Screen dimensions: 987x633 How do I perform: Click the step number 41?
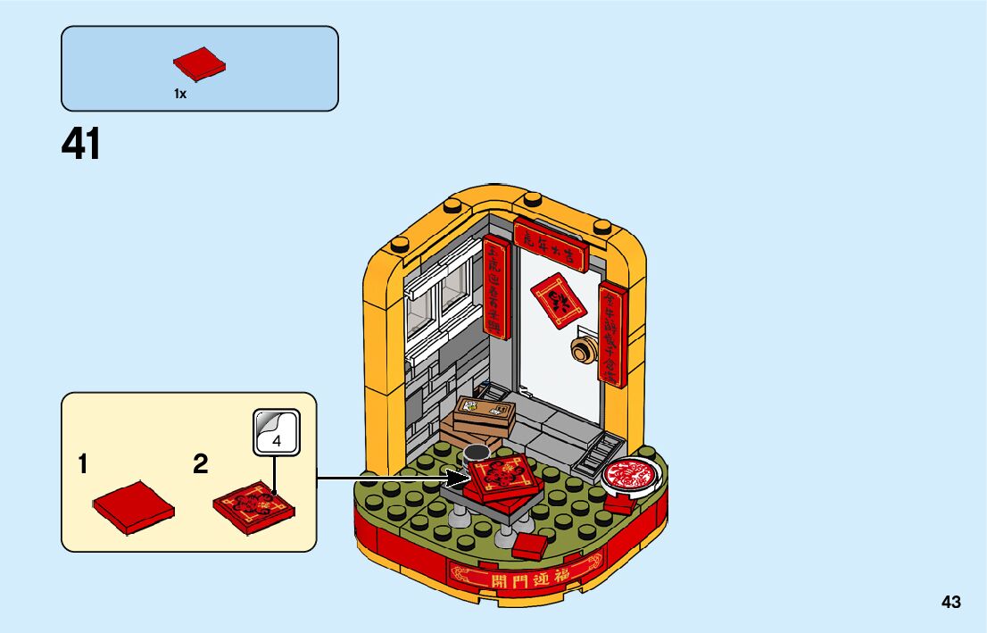(81, 145)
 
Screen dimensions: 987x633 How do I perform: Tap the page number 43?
(950, 602)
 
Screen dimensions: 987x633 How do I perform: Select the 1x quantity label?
(180, 94)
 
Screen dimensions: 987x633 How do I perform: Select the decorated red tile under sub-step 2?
(254, 506)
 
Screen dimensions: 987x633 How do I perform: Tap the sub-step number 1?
(83, 464)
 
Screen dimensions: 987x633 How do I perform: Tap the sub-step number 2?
(201, 464)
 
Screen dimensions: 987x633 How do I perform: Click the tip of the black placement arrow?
(467, 479)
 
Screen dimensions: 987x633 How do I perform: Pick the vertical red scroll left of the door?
(495, 286)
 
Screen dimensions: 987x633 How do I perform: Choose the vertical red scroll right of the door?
(610, 335)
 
